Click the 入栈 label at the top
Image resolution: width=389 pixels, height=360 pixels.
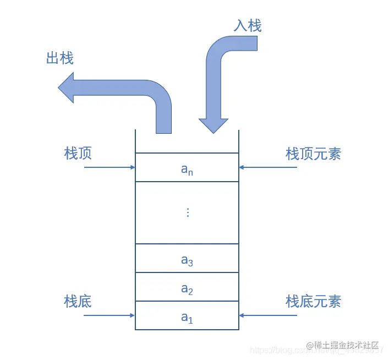247,25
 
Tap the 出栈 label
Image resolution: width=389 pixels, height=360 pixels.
60,58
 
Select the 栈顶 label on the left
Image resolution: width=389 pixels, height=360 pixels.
78,153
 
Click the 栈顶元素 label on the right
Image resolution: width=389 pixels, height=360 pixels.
313,154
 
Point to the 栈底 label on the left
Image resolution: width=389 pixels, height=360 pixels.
78,301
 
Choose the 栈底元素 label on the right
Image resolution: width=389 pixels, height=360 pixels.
313,301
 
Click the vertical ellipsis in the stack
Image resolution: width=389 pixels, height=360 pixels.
188,212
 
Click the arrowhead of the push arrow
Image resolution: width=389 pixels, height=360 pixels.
213,126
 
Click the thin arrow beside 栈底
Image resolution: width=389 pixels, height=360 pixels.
109,315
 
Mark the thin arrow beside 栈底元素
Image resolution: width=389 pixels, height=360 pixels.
268,315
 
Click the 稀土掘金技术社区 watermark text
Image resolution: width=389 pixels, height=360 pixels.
346,346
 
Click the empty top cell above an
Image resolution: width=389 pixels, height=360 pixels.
187,141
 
